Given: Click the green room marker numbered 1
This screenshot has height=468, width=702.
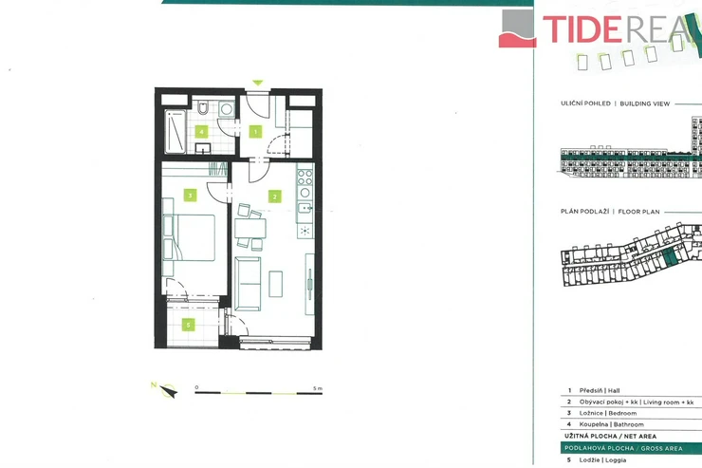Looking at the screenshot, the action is (x=255, y=132).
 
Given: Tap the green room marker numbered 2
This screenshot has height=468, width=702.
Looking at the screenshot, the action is (x=274, y=197).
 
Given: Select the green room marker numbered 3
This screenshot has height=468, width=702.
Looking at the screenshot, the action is (x=191, y=196).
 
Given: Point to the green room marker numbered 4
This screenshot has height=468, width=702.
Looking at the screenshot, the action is (x=201, y=132).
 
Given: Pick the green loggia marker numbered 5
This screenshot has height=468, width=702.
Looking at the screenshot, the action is (x=188, y=325).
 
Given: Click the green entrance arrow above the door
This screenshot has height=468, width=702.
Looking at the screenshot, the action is (x=257, y=83).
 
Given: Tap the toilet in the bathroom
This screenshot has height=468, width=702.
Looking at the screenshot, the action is (x=203, y=107).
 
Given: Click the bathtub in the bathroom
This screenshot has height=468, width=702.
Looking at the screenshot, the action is (x=175, y=132).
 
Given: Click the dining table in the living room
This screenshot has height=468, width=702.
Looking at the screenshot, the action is (x=249, y=229).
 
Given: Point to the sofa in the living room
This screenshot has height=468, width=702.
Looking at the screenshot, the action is (x=248, y=284).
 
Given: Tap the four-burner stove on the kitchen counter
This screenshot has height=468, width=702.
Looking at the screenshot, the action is (x=305, y=177).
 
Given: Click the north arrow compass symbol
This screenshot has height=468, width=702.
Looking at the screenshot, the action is (x=168, y=391).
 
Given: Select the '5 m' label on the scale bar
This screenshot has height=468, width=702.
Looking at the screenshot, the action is (x=318, y=388).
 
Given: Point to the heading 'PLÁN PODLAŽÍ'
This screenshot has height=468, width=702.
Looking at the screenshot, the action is (x=584, y=212).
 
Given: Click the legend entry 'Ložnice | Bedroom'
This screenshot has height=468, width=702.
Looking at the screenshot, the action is (x=607, y=413).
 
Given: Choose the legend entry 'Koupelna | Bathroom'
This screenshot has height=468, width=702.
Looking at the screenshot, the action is (x=611, y=424).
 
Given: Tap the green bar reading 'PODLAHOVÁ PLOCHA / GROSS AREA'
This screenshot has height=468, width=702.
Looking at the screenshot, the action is (x=631, y=448).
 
